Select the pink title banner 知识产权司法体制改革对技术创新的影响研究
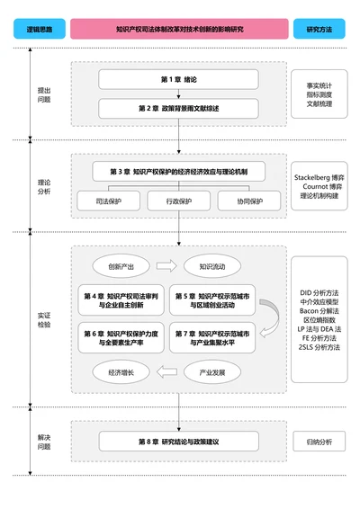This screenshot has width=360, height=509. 179,30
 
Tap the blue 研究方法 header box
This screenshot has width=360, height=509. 319,30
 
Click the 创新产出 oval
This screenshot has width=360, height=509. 121,266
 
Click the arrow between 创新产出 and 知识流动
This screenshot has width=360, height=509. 167,266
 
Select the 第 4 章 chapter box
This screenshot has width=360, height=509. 121,300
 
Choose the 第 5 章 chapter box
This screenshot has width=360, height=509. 213,300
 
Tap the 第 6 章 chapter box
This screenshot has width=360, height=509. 121,339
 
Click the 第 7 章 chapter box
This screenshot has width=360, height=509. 213,339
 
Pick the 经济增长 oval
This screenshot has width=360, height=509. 121,371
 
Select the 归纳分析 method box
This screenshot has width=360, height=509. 319,442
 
